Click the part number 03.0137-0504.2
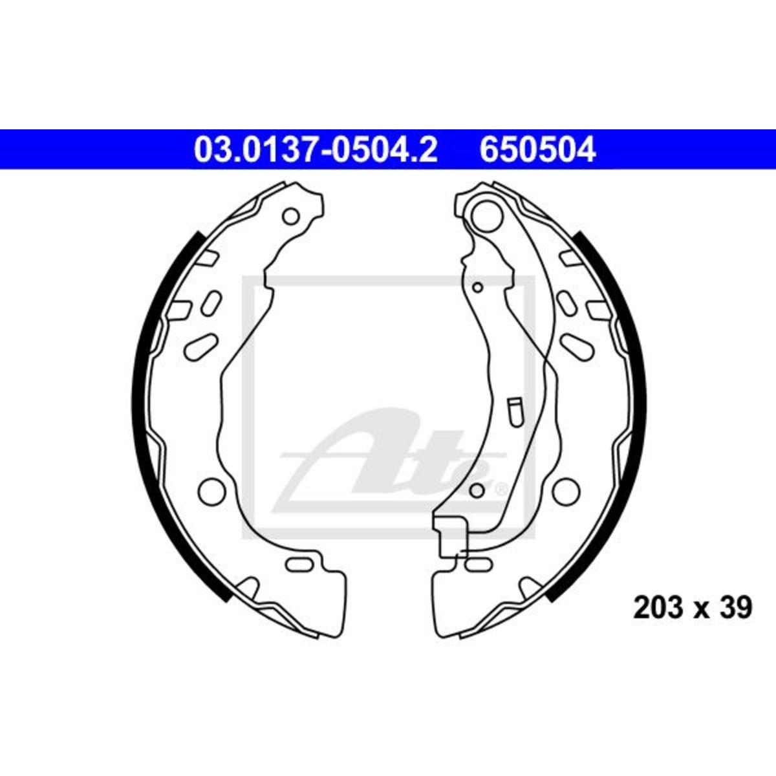[x=316, y=149]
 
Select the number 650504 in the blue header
[x=537, y=149]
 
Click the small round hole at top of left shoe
[x=291, y=216]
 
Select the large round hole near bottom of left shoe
[x=211, y=490]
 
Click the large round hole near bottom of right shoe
[x=566, y=490]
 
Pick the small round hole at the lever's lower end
[x=477, y=490]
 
